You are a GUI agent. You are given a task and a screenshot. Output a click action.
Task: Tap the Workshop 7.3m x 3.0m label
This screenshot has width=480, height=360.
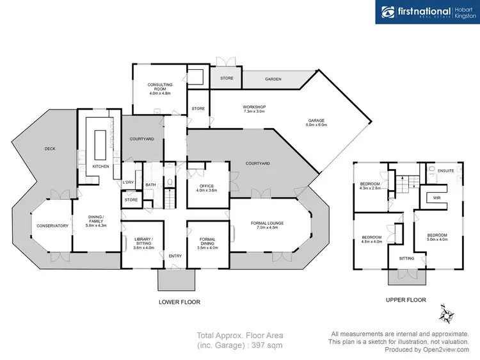(x=254, y=110)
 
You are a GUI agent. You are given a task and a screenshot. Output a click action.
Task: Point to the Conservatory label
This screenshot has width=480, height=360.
(x=52, y=225)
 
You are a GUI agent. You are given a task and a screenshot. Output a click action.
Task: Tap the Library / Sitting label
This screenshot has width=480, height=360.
(x=143, y=241)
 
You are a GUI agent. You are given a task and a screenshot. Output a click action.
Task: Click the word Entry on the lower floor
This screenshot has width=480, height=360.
(x=175, y=256)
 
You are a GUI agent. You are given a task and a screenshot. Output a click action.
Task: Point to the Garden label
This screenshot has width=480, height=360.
(x=273, y=79)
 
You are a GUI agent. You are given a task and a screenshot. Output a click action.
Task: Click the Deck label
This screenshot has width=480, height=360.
(x=50, y=149)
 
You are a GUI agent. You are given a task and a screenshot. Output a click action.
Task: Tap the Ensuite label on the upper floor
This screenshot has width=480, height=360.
(x=445, y=171)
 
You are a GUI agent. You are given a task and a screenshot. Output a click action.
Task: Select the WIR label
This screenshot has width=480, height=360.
(x=436, y=198)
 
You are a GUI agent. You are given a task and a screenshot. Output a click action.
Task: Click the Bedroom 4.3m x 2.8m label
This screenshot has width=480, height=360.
(x=371, y=186)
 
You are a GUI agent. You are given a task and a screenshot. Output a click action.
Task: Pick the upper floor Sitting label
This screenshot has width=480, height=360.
(x=406, y=258)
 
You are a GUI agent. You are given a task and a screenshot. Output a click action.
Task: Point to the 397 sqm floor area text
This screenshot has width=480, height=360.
(x=239, y=347)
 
